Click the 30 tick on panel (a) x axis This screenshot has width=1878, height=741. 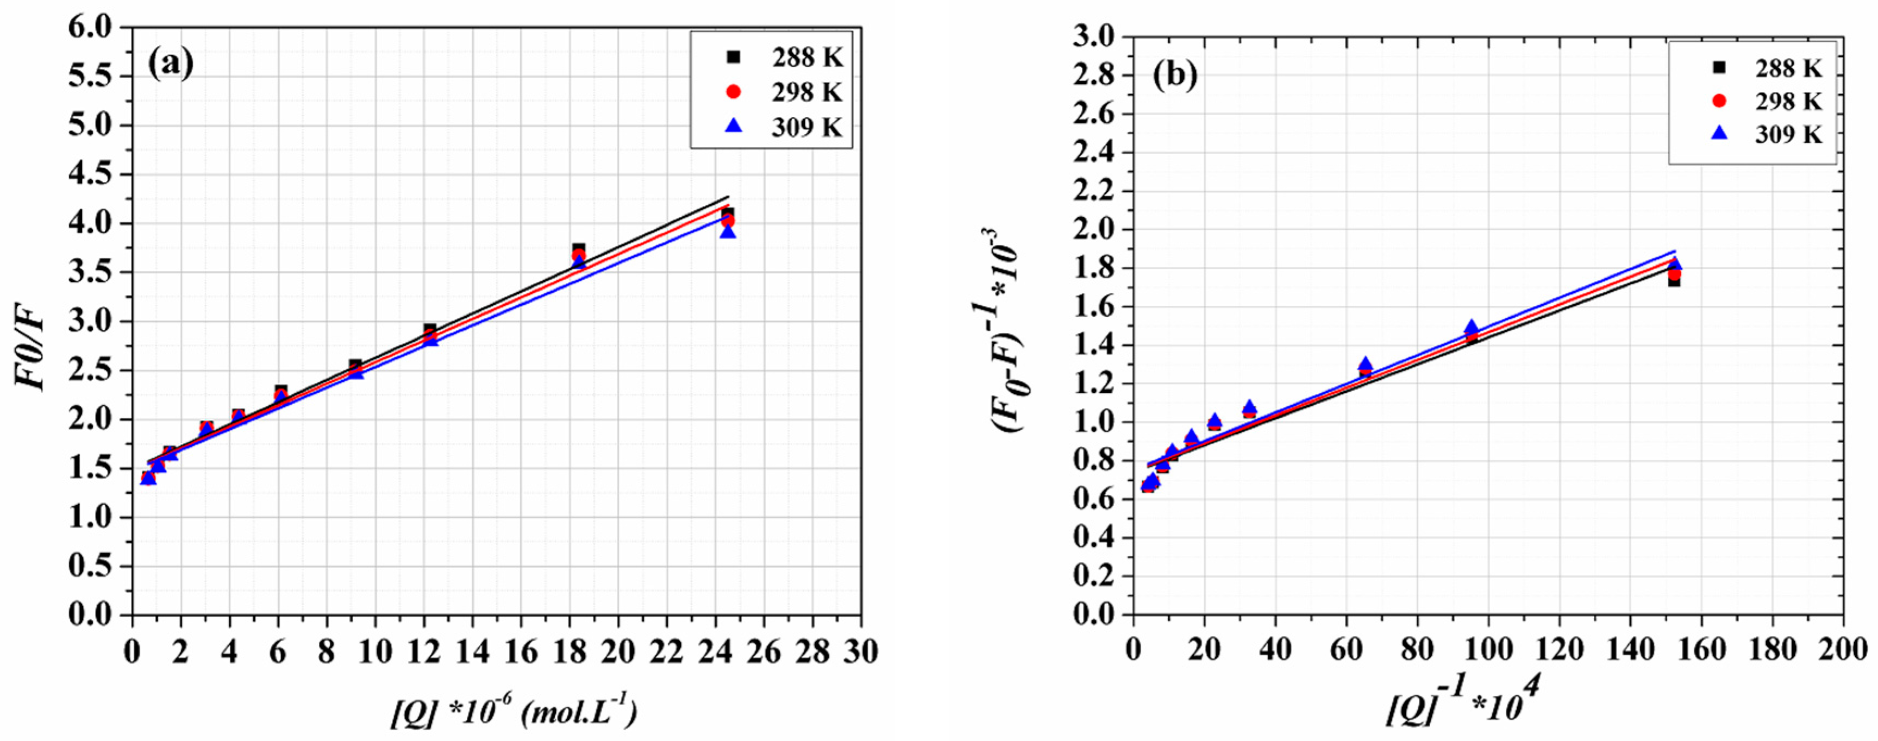pyautogui.click(x=860, y=651)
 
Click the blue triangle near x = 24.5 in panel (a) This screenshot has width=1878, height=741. pyautogui.click(x=728, y=232)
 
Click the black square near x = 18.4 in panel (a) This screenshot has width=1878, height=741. pyautogui.click(x=579, y=249)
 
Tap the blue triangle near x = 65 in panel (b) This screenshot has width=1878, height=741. pyautogui.click(x=1365, y=363)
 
